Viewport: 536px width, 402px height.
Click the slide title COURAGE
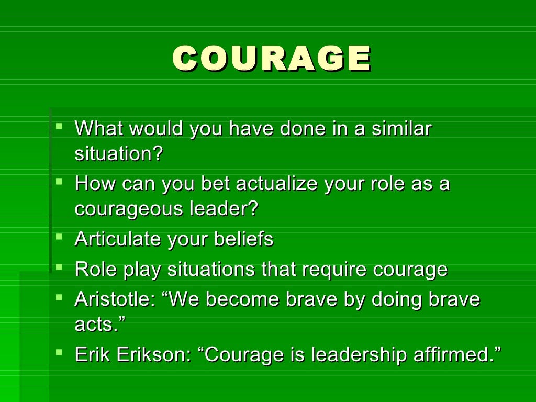pos(271,58)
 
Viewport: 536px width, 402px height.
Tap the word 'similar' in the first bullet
pos(401,129)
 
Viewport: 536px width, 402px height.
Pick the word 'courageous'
pos(124,209)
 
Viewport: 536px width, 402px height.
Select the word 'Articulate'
pos(118,239)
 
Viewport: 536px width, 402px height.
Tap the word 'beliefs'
pos(243,239)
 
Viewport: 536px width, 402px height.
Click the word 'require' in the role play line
pos(335,270)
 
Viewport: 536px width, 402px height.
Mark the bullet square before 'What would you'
pos(59,126)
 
